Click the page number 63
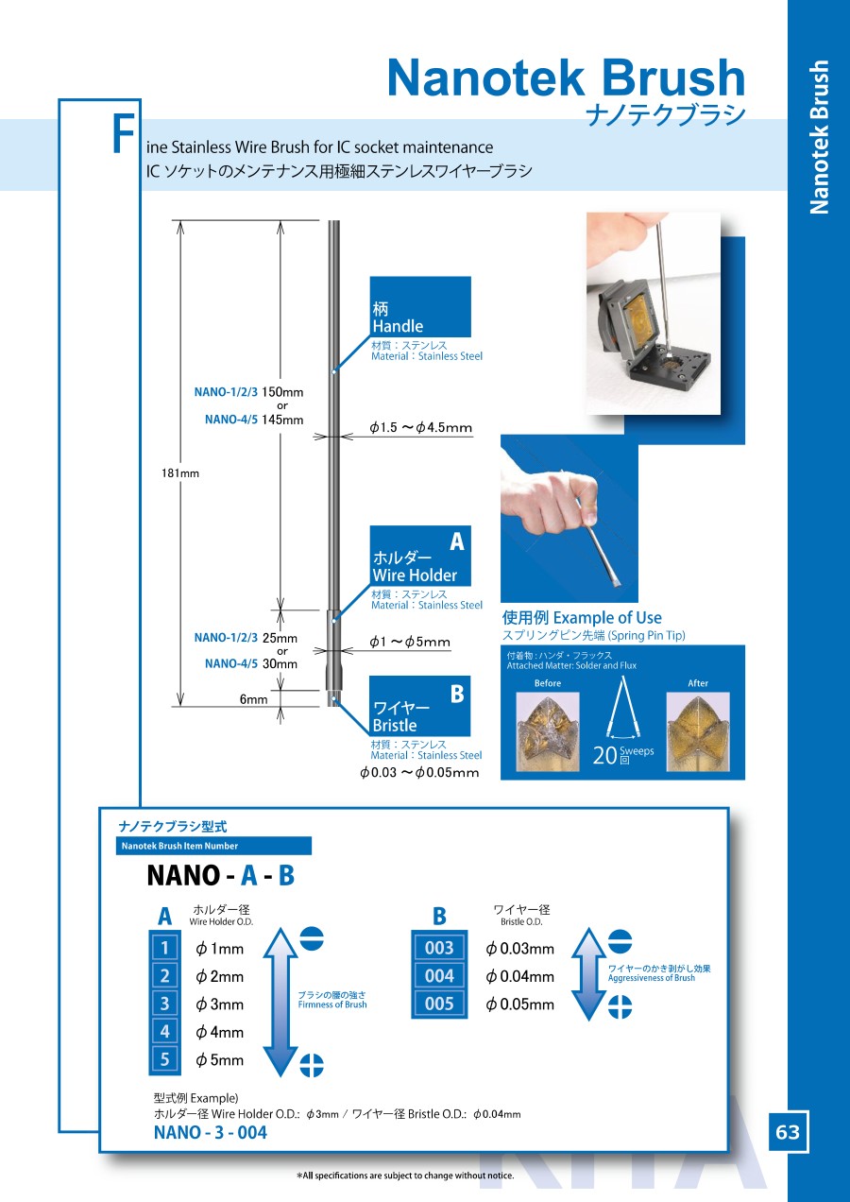(x=788, y=1131)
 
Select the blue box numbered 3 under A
(x=164, y=1004)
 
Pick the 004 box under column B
(x=439, y=975)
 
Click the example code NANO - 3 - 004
(x=211, y=1132)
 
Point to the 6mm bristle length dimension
(x=253, y=699)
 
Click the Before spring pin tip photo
(x=547, y=730)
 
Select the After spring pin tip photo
(x=698, y=730)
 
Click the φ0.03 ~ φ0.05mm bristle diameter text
(x=419, y=773)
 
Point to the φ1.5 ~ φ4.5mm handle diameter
(x=420, y=428)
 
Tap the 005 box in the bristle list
(x=439, y=1004)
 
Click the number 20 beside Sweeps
(x=604, y=756)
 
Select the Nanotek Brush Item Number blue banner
(x=214, y=846)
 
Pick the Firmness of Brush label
(x=332, y=1005)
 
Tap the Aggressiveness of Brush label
(x=652, y=978)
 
